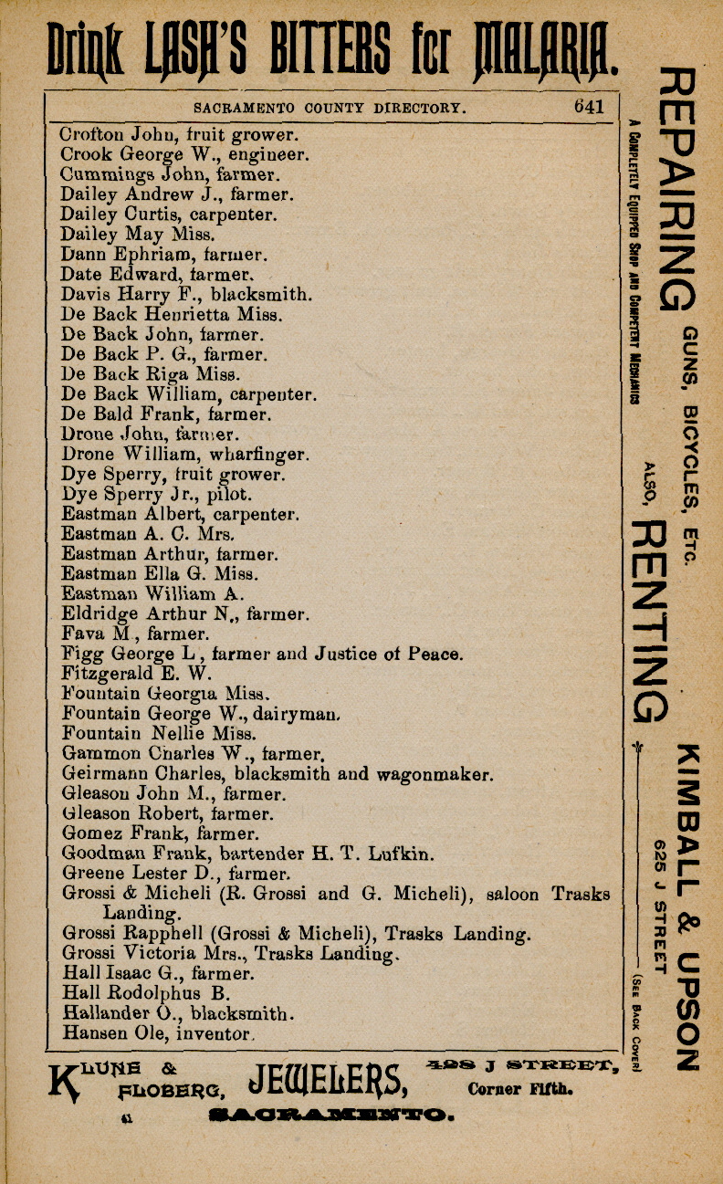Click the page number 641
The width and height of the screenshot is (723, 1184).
(589, 106)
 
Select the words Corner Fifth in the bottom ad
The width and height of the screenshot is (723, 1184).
(519, 1088)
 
